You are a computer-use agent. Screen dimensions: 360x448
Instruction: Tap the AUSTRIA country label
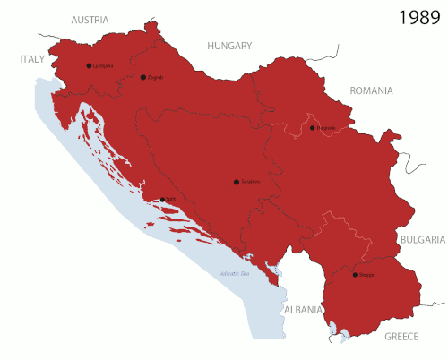(90, 20)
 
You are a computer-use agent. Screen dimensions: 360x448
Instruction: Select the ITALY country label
(32, 59)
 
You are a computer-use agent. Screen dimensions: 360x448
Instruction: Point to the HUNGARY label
(230, 46)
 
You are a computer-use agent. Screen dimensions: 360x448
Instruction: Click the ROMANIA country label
(372, 90)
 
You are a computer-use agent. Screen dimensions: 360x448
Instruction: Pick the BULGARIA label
(422, 240)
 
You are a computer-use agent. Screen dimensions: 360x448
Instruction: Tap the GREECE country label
(401, 337)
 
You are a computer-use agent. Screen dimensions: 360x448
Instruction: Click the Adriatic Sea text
(234, 273)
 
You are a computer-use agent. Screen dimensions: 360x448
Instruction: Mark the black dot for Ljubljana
(89, 65)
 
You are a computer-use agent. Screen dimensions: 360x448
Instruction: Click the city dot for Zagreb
(143, 77)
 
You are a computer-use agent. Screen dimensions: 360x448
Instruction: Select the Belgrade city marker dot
(313, 128)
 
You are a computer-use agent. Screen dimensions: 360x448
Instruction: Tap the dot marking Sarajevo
(237, 182)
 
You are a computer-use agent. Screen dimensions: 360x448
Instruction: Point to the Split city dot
(162, 200)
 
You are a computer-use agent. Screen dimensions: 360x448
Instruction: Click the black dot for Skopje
(355, 275)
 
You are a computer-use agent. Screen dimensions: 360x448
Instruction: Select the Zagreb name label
(154, 78)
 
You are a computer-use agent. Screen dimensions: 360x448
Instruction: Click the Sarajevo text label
(250, 183)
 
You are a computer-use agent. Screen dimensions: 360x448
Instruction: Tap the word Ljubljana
(103, 66)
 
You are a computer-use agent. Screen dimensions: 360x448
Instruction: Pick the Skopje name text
(366, 276)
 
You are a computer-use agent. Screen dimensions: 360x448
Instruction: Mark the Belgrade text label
(325, 129)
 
